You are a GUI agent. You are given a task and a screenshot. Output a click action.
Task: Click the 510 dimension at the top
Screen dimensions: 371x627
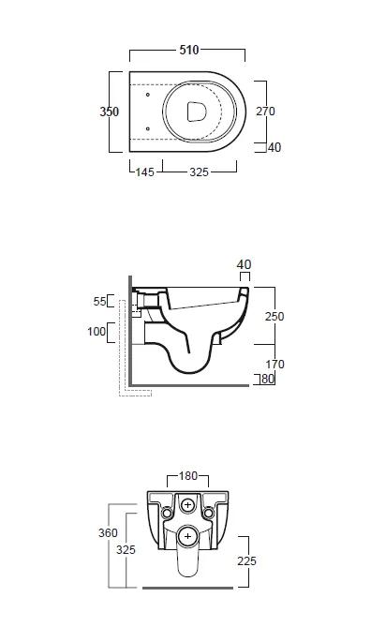[189, 50]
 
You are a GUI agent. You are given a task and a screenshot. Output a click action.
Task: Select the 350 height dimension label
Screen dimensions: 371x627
[109, 112]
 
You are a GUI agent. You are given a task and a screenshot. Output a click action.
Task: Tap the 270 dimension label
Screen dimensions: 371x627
[265, 112]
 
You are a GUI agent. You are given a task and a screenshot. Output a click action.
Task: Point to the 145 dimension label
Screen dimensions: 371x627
[144, 172]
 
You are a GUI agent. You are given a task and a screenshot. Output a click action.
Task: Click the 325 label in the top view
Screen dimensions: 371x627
[200, 172]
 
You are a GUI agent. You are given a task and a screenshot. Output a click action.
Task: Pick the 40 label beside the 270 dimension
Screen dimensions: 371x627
[275, 147]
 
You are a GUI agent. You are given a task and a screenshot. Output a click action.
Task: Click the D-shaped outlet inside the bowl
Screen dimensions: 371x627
[197, 112]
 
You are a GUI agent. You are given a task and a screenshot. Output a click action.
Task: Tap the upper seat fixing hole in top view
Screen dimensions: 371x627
[148, 95]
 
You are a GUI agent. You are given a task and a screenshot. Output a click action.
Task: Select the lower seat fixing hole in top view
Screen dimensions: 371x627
[148, 128]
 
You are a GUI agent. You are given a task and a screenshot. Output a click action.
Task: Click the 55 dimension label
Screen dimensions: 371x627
[100, 301]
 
